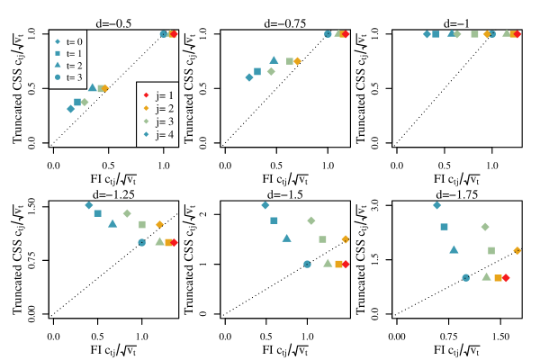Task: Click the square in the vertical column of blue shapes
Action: (x=58, y=53)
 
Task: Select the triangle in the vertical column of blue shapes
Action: (x=58, y=65)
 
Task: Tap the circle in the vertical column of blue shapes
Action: (x=58, y=76)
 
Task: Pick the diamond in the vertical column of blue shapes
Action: (x=58, y=41)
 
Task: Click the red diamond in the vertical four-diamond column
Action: (x=146, y=94)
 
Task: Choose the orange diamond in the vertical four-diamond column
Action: (x=146, y=108)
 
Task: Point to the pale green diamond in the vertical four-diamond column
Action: (x=146, y=121)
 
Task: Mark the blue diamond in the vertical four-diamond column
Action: (x=146, y=134)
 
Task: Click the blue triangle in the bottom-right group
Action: (x=454, y=249)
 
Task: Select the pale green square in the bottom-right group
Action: (x=491, y=250)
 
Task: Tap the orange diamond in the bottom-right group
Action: (x=517, y=250)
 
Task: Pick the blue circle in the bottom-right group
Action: (x=466, y=277)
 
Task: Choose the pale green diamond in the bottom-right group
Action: (x=485, y=227)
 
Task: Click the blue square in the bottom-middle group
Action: (x=274, y=220)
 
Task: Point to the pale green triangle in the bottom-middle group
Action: (x=328, y=263)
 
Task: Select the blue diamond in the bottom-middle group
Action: (x=265, y=205)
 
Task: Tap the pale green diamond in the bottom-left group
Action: (x=127, y=213)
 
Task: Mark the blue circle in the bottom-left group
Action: (x=141, y=242)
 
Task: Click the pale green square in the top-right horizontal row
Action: (x=474, y=34)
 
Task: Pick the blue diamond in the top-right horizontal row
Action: (x=427, y=34)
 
